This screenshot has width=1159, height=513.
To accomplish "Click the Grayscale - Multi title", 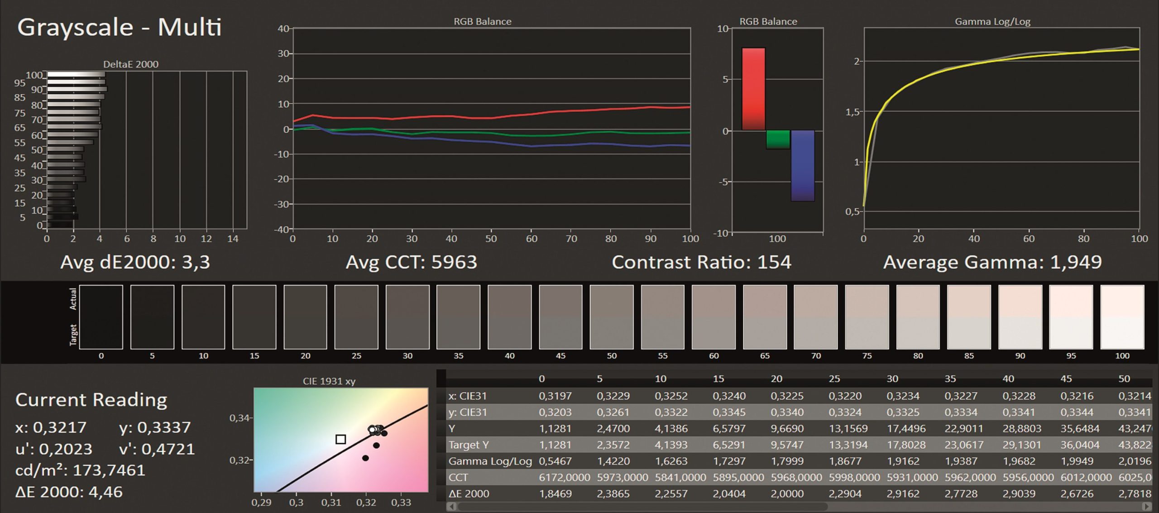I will point(120,27).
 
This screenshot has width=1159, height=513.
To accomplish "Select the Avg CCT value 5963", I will point(454,262).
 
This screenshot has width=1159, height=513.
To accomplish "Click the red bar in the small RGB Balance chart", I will point(753,89).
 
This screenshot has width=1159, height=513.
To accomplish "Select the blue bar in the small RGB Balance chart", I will point(802,165).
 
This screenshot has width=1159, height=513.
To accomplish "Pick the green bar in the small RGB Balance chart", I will point(778,139).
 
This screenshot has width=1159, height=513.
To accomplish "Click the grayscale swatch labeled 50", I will point(612,316).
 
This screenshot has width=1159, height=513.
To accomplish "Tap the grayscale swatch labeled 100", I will point(1122,316).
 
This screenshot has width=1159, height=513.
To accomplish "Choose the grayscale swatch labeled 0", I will point(101,316).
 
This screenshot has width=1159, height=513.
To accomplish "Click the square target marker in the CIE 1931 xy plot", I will point(341,439).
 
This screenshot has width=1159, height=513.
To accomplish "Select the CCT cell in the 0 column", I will point(564,477).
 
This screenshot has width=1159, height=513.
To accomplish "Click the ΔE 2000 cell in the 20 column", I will point(787,494).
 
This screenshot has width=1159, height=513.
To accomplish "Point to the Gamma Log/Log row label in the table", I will point(490,461).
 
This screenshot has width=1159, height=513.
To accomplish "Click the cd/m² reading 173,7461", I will point(109,470).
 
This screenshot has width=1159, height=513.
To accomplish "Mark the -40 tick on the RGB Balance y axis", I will point(283,229).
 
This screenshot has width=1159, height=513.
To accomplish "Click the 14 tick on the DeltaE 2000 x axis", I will point(232,239).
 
